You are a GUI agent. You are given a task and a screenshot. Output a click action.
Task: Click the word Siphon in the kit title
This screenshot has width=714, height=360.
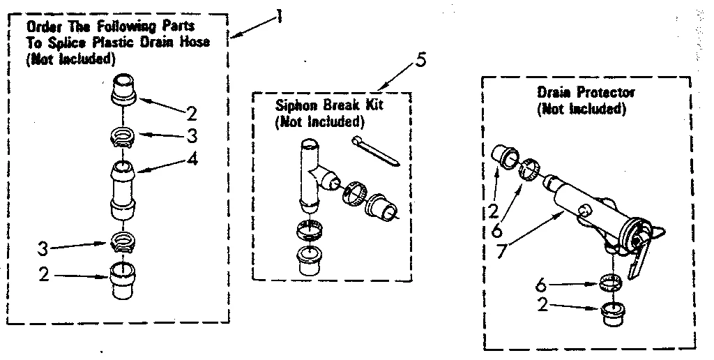291,107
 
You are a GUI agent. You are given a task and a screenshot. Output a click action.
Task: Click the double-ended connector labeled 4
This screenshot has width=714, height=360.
123,188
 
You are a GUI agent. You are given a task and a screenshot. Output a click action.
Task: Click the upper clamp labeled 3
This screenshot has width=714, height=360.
123,133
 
